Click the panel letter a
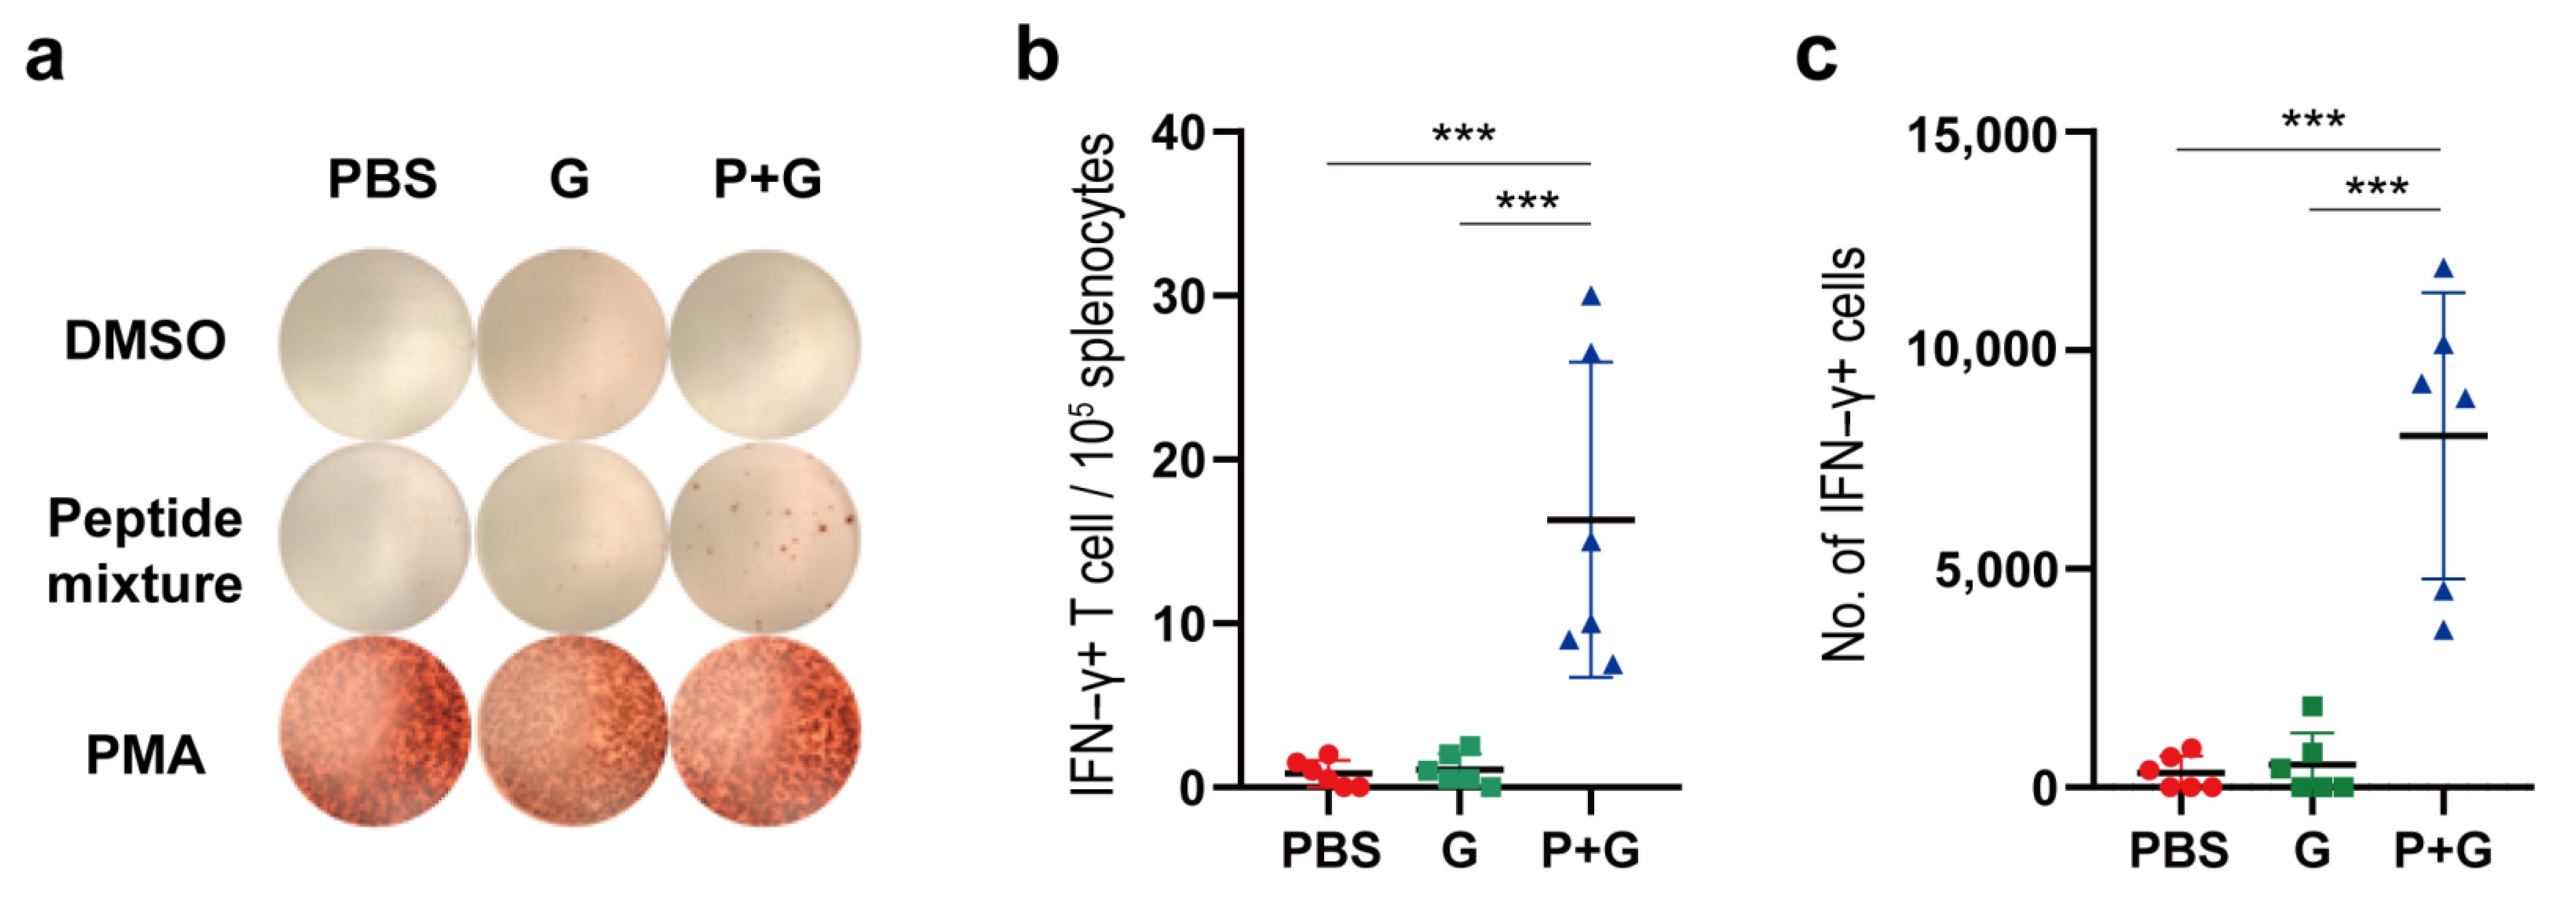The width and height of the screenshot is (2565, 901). tap(45, 58)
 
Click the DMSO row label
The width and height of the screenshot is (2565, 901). tap(145, 340)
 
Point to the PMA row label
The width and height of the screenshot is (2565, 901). tap(145, 755)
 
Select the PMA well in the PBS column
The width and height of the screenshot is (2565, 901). tap(375, 732)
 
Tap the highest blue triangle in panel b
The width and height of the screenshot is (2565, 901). tap(1591, 296)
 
